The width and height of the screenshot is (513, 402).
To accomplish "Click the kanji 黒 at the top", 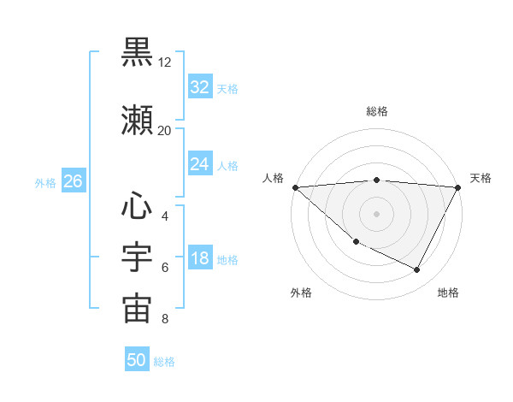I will (x=137, y=50).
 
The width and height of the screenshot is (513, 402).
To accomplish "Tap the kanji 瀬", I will (x=137, y=120).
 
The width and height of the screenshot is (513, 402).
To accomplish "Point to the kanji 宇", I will (x=137, y=258).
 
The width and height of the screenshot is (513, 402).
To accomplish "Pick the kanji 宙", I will (x=137, y=310).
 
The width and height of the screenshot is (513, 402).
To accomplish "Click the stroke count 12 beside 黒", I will (x=165, y=62).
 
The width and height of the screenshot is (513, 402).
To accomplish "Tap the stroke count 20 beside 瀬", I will (x=165, y=131).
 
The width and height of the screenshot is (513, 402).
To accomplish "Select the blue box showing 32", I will (x=200, y=86).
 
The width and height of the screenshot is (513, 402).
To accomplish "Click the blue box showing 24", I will (x=200, y=164).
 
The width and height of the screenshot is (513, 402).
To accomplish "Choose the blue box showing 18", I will (x=200, y=259).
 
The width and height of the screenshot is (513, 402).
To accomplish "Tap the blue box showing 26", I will (x=73, y=181).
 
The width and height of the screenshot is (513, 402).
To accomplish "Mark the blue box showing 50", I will (x=137, y=360).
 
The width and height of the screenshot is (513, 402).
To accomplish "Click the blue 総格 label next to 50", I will (x=164, y=362).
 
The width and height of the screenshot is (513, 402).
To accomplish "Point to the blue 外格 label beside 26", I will (x=45, y=182).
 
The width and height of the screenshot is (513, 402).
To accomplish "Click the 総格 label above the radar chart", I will (x=376, y=111).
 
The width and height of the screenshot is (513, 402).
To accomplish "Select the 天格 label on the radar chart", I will (x=481, y=178).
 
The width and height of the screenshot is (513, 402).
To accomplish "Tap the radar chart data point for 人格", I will (x=295, y=187).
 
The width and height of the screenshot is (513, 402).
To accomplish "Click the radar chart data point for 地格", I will (x=417, y=270).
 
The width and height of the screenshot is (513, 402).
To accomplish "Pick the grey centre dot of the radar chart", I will (x=376, y=213).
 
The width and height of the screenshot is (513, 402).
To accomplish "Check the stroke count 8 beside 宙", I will (x=165, y=320).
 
